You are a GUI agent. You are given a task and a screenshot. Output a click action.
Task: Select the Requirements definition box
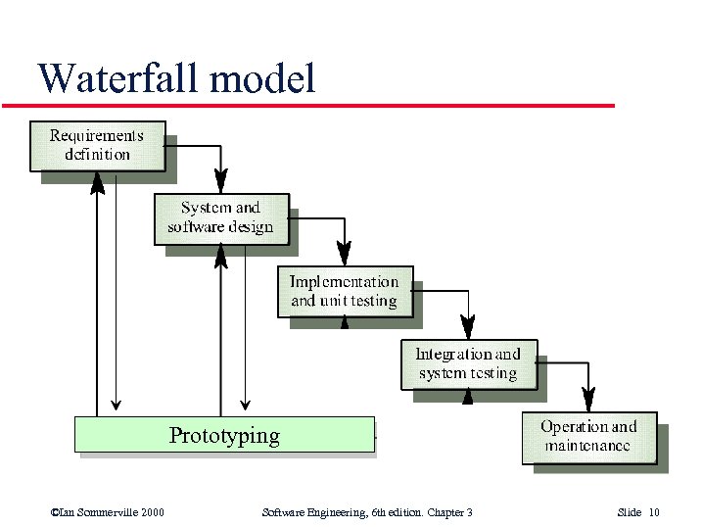(97, 145)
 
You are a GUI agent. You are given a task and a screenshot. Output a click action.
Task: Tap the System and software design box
(221, 218)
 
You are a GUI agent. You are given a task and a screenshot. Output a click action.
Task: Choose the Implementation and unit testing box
(345, 291)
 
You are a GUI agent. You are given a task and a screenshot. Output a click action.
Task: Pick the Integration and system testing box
(468, 364)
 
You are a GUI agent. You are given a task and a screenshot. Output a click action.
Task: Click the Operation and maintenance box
(588, 437)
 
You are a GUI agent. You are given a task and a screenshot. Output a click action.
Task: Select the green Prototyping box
(224, 435)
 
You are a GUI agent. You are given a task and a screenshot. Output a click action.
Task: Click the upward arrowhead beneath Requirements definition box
(97, 182)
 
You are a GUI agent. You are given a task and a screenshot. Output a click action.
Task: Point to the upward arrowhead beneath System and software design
(220, 256)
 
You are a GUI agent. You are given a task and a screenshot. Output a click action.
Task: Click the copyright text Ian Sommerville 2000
(107, 512)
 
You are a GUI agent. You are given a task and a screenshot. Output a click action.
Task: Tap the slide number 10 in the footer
(653, 512)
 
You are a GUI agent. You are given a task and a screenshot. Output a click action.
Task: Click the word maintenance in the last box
(587, 447)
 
